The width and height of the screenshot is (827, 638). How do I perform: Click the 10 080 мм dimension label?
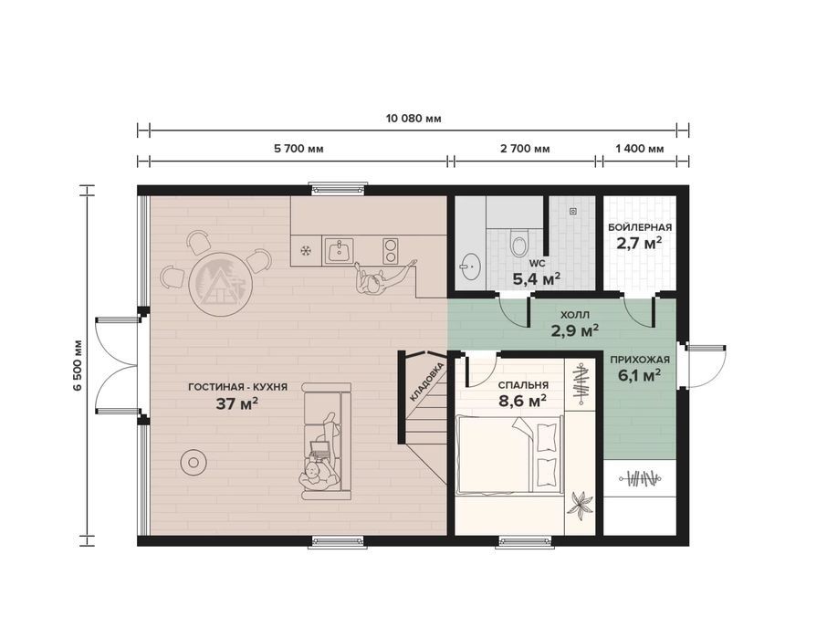coord(413,118)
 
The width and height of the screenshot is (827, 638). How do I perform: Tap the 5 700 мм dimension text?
coord(298,149)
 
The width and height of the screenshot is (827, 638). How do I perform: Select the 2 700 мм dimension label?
coord(525,149)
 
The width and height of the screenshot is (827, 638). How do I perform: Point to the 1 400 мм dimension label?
coord(639,149)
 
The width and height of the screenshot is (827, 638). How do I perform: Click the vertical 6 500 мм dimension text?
coord(79,365)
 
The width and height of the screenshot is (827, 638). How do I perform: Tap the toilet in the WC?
coord(519,243)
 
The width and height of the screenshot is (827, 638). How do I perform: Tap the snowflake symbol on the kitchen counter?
coord(305,251)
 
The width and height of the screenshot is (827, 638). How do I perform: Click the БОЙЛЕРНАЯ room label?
coord(639,227)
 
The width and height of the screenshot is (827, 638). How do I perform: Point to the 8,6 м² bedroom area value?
coord(521,402)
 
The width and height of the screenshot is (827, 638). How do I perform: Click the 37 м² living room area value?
coord(236,403)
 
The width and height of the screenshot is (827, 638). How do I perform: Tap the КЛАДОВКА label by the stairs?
coord(426,382)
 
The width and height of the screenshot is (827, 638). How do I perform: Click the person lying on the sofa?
coord(320,455)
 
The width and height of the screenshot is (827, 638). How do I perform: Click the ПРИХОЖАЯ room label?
coord(639,361)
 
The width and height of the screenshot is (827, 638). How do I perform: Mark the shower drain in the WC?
coord(572,212)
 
